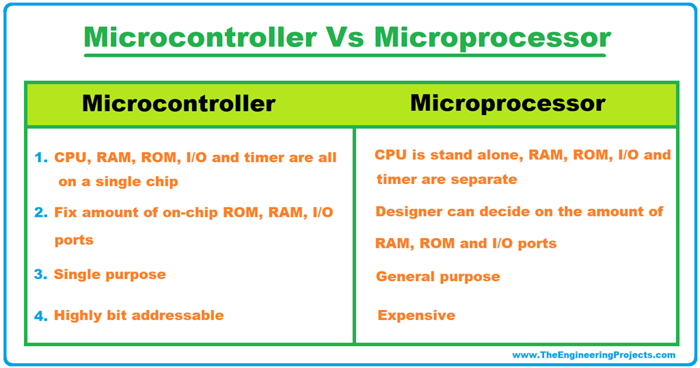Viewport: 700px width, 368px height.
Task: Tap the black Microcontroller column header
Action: (x=178, y=103)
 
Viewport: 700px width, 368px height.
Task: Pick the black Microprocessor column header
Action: (x=507, y=103)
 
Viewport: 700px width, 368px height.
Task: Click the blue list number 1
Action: (x=40, y=158)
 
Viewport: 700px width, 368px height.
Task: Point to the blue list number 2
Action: (x=40, y=213)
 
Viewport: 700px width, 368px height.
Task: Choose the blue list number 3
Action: (x=40, y=275)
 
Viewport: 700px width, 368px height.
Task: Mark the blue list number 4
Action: (x=40, y=316)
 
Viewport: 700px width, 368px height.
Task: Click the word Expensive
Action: (x=416, y=315)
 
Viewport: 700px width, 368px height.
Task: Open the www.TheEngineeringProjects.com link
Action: (x=593, y=355)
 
